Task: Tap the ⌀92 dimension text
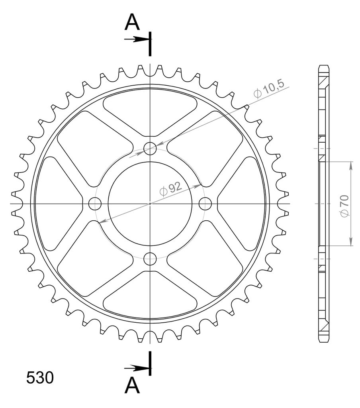pyautogui.click(x=170, y=189)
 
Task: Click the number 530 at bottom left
pyautogui.click(x=40, y=378)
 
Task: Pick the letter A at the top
pyautogui.click(x=132, y=22)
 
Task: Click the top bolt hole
pyautogui.click(x=150, y=148)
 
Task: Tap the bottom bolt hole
pyautogui.click(x=150, y=258)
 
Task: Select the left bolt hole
pyautogui.click(x=95, y=204)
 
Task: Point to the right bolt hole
pyautogui.click(x=205, y=204)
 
